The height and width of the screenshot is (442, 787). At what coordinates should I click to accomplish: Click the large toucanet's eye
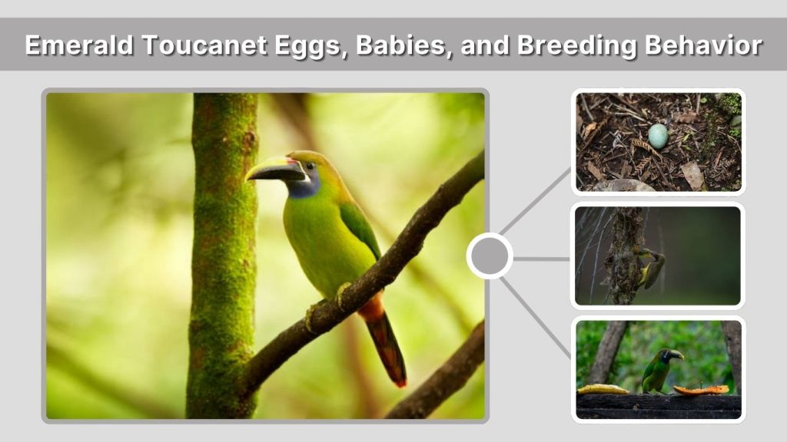310,165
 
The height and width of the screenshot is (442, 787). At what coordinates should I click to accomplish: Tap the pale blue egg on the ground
658,136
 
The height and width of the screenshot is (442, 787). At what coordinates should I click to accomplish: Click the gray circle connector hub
490,256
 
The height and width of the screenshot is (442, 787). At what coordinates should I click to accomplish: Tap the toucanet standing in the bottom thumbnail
659,370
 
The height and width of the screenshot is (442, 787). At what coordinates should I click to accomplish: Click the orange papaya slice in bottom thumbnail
701,390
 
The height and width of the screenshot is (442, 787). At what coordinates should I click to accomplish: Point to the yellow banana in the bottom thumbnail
603,389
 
